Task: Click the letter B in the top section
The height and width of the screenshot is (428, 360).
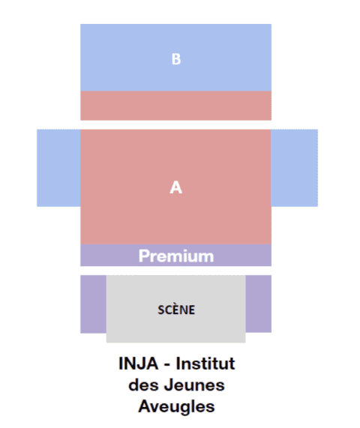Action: coord(176,59)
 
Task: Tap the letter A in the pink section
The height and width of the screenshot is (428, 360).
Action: coord(176,187)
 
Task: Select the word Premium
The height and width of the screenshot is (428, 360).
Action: coord(176,256)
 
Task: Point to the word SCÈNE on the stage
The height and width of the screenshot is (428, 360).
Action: coord(176,310)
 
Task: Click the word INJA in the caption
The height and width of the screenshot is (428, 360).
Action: coord(139,364)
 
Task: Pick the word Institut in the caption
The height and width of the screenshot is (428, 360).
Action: coord(205,364)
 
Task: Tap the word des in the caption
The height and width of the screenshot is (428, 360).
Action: coord(143,385)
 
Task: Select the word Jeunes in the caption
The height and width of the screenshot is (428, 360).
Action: coord(194,385)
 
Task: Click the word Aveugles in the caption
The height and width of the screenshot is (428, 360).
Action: coord(176,406)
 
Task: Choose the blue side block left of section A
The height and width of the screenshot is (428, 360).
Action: coord(58,168)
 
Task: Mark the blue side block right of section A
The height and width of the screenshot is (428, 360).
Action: coord(295,168)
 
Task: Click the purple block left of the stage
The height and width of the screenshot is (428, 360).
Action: coord(94,304)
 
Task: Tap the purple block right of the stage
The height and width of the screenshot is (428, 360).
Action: coord(259,304)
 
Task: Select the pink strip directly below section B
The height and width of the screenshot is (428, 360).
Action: coord(176,106)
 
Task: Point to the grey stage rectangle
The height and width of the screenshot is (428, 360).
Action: coord(176,309)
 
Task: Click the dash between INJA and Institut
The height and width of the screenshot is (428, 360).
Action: coord(167,365)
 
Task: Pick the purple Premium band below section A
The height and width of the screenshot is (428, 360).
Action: coord(176,255)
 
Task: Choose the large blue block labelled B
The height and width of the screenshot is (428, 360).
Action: coord(176,58)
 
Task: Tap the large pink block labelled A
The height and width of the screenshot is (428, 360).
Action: coord(176,187)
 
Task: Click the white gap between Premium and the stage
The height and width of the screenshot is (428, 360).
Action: coord(176,271)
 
